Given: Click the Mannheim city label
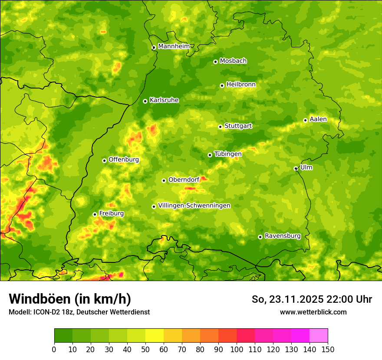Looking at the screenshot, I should tap(174, 46).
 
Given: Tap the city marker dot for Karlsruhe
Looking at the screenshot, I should tap(145, 101).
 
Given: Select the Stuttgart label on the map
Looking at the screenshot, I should tap(238, 126).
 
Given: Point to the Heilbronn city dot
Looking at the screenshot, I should tap(222, 85).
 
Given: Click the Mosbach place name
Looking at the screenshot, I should tap(233, 61).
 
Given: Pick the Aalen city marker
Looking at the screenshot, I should tap(305, 120).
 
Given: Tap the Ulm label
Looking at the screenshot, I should tap(306, 167).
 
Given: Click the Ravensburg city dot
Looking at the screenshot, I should tap(260, 237).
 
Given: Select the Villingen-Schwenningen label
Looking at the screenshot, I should tap(194, 206).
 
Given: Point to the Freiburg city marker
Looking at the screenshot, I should tap(95, 214).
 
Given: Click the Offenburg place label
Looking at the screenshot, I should tap(124, 160).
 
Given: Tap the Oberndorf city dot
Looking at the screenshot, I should tap(164, 180).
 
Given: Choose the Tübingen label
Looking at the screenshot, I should tap(228, 154).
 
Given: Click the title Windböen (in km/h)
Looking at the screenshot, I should tap(70, 299).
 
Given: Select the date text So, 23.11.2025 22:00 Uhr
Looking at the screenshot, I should tap(312, 299).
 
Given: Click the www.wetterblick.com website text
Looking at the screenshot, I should tap(313, 312).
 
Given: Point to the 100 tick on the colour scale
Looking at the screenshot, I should tap(237, 349).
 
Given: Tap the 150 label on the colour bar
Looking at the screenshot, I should tap(328, 349).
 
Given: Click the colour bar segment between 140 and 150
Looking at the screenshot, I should tap(319, 335).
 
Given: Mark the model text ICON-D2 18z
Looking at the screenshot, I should tap(51, 312).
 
